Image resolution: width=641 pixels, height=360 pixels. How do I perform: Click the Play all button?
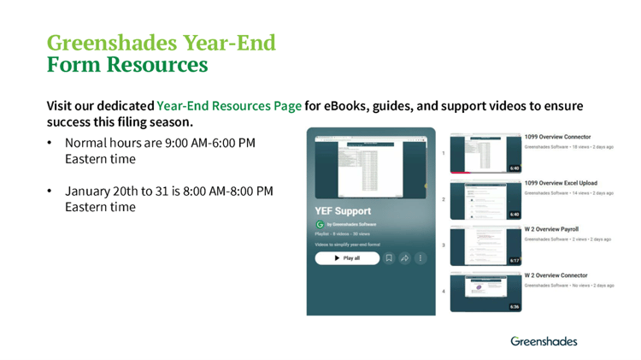347,257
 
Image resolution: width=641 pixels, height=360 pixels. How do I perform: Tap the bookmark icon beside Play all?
389,257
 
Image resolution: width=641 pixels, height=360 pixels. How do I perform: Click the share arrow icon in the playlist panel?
404,257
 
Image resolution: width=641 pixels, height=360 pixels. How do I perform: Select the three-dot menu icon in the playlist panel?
420,257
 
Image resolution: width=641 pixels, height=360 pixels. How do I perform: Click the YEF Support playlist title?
343,210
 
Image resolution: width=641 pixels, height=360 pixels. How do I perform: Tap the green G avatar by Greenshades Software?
320,225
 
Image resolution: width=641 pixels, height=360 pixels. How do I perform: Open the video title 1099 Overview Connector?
557,137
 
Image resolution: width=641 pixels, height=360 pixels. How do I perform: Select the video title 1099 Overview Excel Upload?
561,183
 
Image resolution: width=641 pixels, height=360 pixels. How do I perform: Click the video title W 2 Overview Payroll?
551,229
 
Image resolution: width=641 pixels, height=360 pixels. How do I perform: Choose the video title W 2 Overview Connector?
556,275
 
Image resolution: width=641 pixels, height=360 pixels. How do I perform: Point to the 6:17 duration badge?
515,260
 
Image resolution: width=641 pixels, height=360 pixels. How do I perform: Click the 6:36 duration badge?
515,306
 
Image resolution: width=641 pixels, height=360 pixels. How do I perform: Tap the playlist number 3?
443,245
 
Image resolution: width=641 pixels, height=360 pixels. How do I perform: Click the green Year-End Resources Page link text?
229,106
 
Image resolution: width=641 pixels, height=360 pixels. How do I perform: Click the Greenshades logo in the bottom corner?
544,340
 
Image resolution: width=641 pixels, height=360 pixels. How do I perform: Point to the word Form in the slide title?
75,65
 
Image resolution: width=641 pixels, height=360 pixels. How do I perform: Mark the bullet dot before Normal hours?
50,144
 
